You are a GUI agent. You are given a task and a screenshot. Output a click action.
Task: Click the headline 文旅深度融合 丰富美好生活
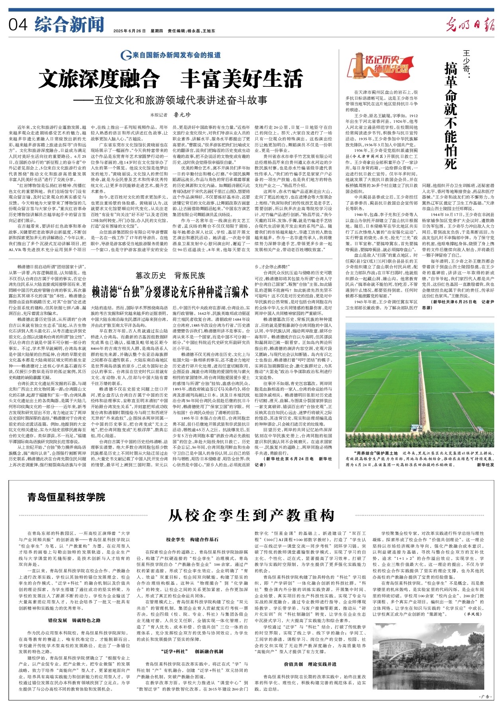[171, 78]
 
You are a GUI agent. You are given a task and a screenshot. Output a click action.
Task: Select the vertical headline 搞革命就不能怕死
[450, 116]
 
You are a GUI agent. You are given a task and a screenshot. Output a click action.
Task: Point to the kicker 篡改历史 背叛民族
[170, 275]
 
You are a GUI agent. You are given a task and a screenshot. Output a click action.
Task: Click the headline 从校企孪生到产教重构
[251, 515]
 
